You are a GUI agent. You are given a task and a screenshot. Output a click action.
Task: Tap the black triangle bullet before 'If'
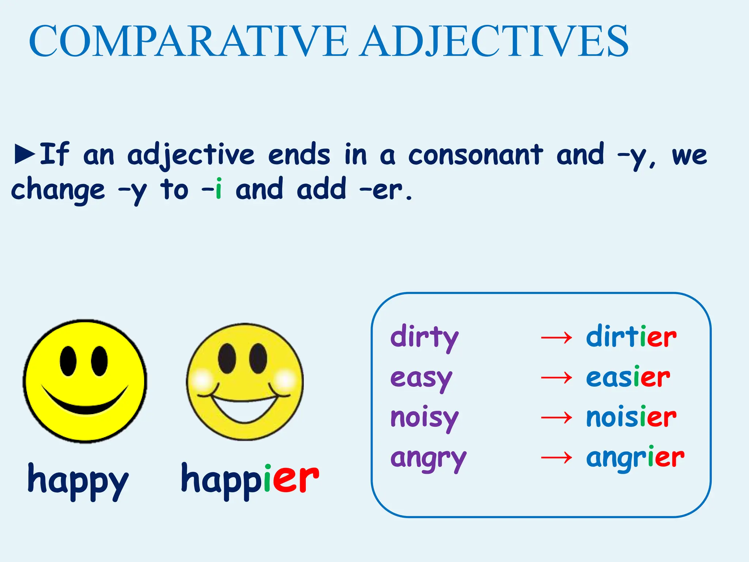tap(25, 154)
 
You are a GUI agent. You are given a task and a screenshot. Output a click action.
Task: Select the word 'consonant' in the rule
tap(475, 154)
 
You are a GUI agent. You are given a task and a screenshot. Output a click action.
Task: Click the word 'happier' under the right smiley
tap(250, 479)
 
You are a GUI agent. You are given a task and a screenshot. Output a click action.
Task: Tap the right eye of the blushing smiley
tap(258, 358)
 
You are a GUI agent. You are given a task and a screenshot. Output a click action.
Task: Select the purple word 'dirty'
tap(424, 337)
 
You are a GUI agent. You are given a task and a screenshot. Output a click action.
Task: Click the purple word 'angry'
tap(428, 458)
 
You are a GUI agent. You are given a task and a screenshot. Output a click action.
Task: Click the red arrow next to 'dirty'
tap(556, 337)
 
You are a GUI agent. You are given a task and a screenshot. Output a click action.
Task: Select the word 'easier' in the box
tap(628, 377)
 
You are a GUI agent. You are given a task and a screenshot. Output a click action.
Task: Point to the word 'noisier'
tap(631, 417)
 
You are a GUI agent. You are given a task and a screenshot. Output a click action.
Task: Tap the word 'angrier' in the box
tap(635, 457)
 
